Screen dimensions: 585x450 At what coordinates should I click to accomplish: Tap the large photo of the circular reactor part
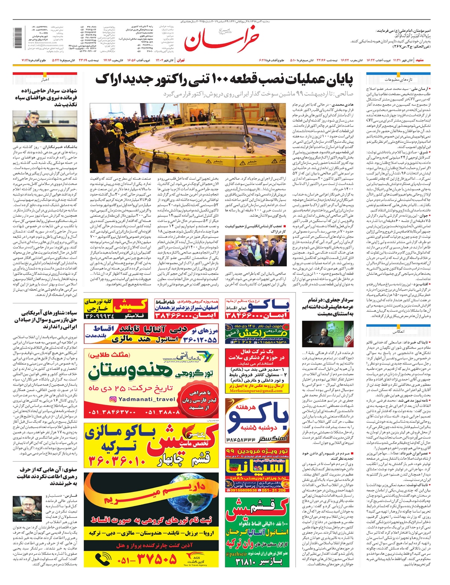point(189,138)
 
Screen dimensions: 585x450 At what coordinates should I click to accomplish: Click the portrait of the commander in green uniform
point(45,126)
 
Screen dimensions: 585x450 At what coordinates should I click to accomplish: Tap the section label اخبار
point(45,80)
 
